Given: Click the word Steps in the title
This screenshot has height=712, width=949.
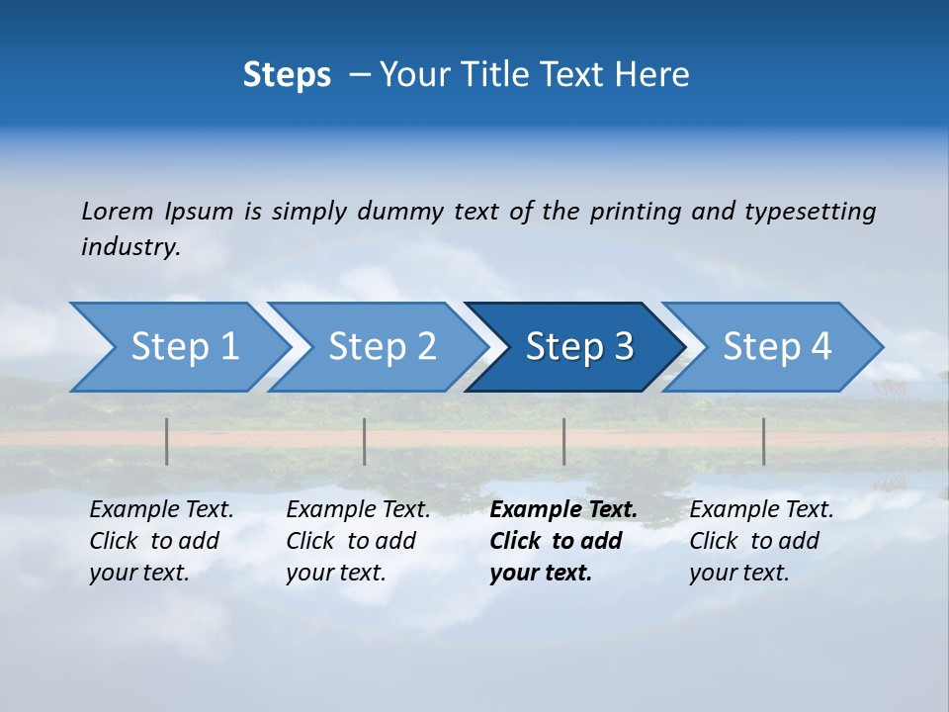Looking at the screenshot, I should point(287,75).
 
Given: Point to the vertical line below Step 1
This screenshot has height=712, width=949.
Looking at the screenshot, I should point(167,441).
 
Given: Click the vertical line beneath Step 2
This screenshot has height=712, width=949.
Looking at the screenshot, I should point(365,441).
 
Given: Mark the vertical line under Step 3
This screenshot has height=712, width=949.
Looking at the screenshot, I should point(563,441).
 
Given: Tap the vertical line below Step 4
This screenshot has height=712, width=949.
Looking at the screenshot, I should point(763,441).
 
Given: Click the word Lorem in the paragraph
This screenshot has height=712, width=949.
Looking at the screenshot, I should point(118,212).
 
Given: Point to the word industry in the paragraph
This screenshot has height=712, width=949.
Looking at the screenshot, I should point(130,247).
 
